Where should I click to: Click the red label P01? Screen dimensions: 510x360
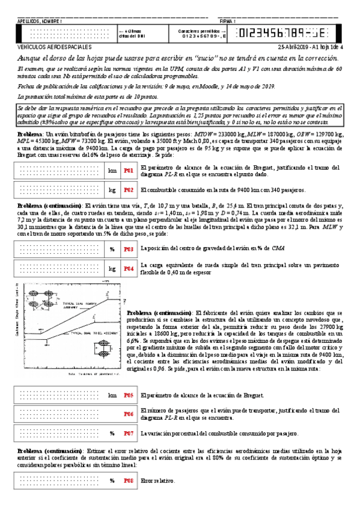(128, 170)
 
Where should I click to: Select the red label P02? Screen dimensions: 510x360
(128, 190)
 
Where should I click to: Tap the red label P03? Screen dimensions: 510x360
(128, 248)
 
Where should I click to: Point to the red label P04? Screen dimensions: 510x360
(128, 268)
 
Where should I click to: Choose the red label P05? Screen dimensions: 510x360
(128, 395)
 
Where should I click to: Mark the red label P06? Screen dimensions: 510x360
(128, 414)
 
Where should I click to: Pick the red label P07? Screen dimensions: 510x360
(128, 432)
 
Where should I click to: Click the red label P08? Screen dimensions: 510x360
(128, 481)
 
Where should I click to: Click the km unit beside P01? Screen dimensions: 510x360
(112, 170)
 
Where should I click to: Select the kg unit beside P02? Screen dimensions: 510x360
(112, 190)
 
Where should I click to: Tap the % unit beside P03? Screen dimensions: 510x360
(112, 248)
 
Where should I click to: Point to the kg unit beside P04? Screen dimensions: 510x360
(112, 268)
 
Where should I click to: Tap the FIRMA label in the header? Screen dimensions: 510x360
(227, 21)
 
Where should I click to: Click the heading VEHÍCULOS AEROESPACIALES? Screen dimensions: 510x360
(55, 46)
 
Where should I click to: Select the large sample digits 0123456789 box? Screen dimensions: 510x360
(288, 33)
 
